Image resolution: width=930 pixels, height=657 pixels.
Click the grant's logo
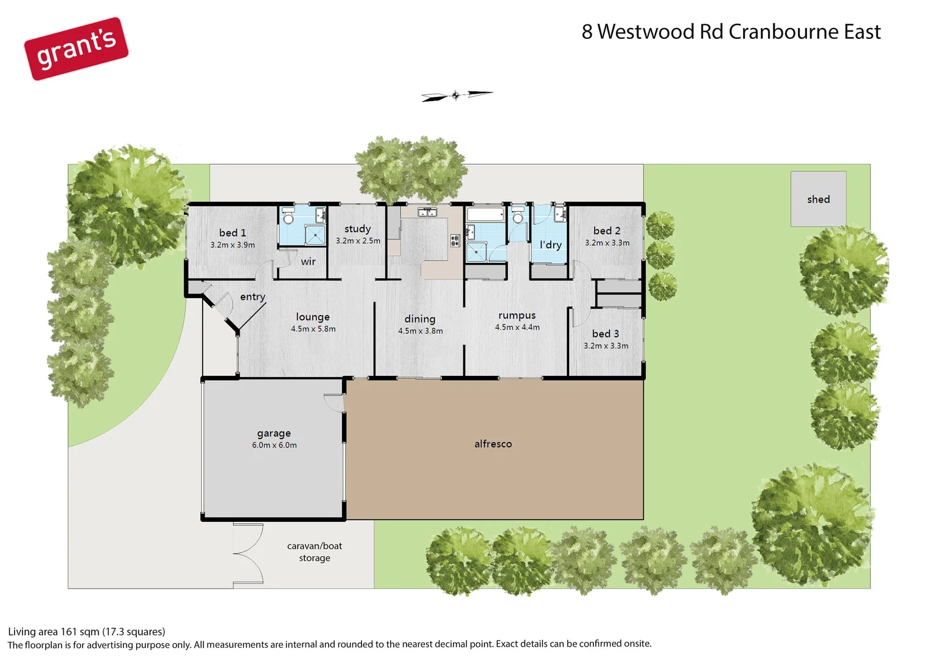[x=76, y=49]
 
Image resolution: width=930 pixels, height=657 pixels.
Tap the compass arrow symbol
[x=456, y=96]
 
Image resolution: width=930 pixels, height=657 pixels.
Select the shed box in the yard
[x=818, y=199]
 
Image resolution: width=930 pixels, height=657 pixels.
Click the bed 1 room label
[x=232, y=233]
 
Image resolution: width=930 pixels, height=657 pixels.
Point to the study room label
[x=357, y=229]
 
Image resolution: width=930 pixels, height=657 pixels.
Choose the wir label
[x=308, y=262]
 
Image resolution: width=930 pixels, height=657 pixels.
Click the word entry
[x=253, y=297]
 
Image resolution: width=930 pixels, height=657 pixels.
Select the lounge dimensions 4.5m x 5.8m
[x=313, y=329]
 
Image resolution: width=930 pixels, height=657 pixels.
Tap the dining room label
[x=420, y=319]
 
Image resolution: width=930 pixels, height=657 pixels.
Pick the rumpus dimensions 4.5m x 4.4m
[x=517, y=327]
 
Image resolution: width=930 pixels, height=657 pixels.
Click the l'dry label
[x=550, y=245]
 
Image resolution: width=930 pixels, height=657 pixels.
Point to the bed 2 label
[x=606, y=231]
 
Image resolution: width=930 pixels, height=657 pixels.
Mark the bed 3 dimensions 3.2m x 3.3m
[x=606, y=346]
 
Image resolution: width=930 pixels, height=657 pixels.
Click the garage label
[x=274, y=433]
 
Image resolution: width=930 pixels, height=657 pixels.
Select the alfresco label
[x=493, y=444]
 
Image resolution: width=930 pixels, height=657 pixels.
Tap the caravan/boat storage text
[x=315, y=552]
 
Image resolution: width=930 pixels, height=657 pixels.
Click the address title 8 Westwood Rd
[x=730, y=32]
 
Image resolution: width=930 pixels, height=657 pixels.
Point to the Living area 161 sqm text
[x=86, y=631]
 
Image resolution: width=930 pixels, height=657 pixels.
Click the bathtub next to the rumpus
[x=485, y=214]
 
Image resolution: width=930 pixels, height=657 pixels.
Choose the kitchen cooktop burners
[x=454, y=240]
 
